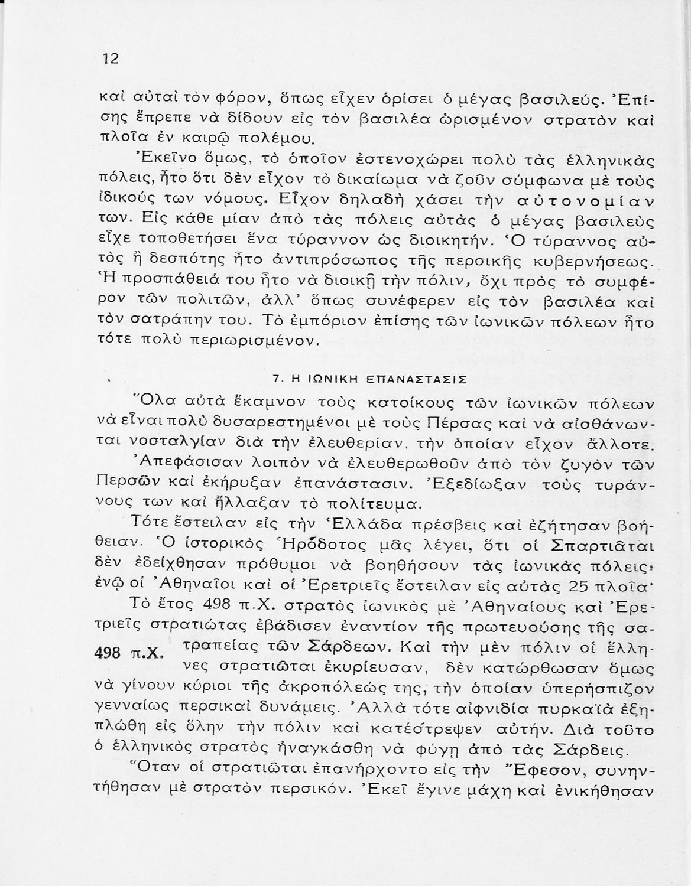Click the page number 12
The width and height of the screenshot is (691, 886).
pos(111,59)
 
